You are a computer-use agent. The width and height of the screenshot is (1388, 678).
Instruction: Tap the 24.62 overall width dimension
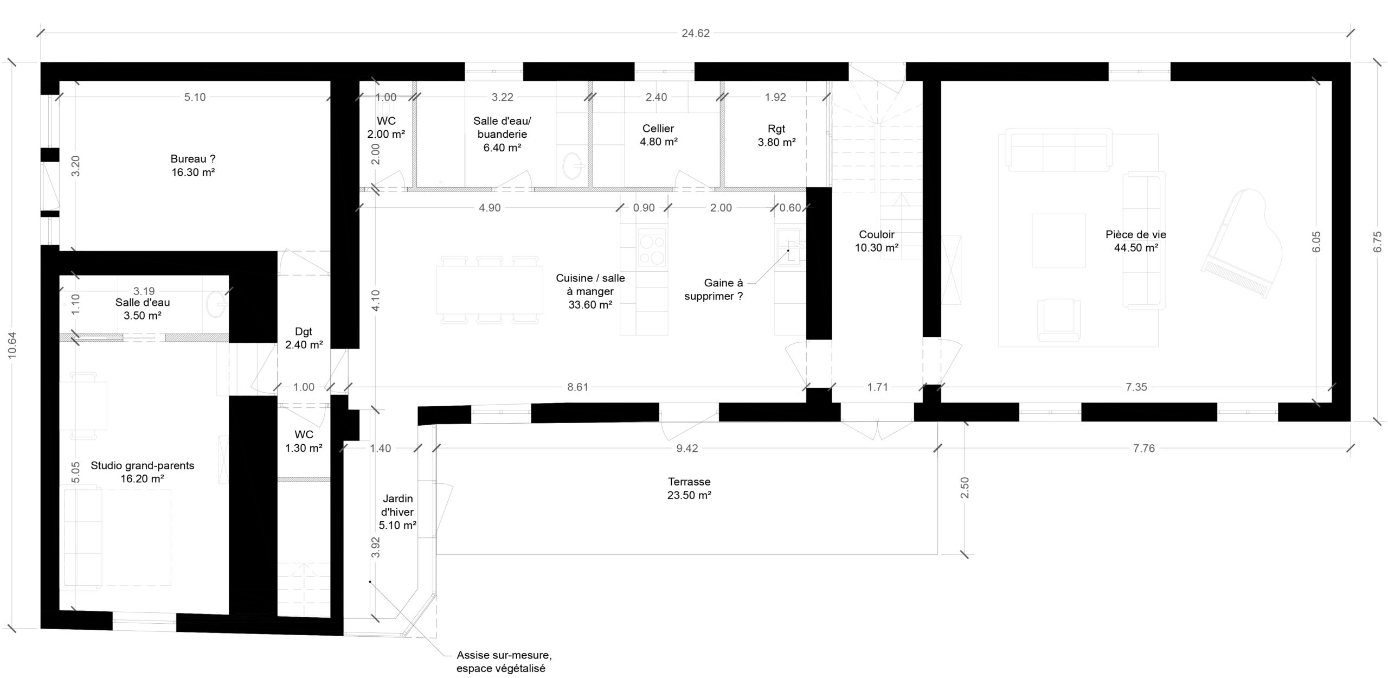coord(695,33)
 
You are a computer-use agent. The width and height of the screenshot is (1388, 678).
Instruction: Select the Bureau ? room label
coord(193,165)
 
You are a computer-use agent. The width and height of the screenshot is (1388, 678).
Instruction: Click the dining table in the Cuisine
coord(489,289)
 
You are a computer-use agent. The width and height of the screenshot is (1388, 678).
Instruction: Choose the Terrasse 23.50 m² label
coord(689,488)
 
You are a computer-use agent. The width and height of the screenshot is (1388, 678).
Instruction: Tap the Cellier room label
coord(658,135)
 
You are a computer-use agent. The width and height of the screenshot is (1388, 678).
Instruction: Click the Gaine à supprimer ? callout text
coord(714,290)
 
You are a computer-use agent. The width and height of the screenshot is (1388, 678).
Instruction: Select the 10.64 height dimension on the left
coord(12,345)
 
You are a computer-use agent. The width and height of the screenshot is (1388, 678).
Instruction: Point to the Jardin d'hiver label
coord(397,511)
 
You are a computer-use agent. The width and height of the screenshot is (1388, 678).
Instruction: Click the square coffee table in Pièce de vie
coord(1058,240)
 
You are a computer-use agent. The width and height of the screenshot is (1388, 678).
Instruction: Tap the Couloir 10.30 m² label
coord(877,241)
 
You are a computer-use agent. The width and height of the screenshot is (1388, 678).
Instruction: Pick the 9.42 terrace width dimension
coord(687,448)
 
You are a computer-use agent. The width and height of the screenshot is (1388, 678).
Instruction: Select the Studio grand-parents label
coord(143,472)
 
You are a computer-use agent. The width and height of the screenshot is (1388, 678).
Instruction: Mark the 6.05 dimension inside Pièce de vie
coord(1316,241)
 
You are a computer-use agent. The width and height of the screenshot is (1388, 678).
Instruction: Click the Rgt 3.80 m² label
coord(776,136)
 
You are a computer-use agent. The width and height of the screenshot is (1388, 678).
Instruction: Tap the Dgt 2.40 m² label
coord(304,338)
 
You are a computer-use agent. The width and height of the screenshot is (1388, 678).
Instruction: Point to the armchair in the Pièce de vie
coord(1058,320)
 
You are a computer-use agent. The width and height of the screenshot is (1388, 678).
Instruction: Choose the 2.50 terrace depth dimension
coord(964,488)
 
